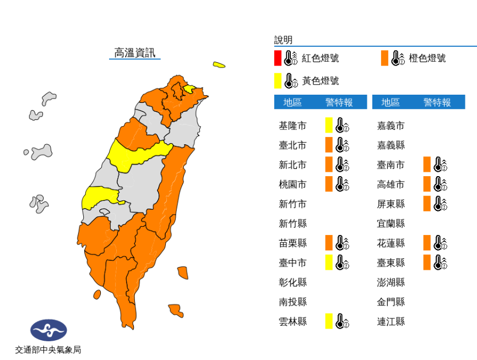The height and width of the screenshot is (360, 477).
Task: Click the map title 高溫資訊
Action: click(134, 53)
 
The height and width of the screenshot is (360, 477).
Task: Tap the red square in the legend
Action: click(278, 58)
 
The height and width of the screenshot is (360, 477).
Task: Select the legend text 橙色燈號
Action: click(427, 58)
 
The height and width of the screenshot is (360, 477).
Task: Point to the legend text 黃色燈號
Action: click(321, 81)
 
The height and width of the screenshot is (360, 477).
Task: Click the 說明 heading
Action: click(283, 40)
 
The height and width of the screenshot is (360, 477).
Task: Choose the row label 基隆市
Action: click(292, 126)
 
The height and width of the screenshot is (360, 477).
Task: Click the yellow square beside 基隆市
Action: click(329, 126)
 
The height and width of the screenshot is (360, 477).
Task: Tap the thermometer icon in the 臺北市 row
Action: click(342, 145)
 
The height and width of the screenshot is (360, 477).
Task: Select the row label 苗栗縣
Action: click(292, 243)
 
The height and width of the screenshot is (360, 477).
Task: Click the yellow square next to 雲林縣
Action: click(329, 321)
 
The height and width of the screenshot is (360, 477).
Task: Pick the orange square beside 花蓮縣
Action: click(427, 243)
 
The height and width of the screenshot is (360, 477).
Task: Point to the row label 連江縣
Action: click(391, 321)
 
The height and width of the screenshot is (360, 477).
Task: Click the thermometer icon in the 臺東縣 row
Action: click(440, 263)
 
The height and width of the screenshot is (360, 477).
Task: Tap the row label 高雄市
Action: click(391, 184)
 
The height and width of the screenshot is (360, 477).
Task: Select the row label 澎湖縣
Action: click(391, 282)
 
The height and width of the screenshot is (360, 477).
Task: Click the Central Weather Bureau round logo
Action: click(48, 330)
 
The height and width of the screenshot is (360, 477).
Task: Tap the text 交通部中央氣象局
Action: click(48, 350)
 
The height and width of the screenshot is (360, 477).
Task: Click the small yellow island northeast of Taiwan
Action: click(219, 65)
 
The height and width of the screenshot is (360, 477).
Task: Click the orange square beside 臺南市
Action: click(427, 165)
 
